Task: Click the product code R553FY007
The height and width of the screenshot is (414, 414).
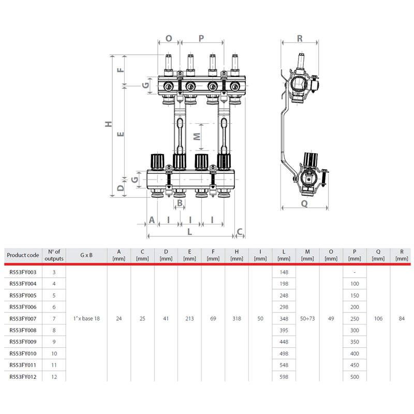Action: (x=23, y=318)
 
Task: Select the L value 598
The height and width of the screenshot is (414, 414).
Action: (x=283, y=377)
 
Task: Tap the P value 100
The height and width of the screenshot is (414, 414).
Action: (x=354, y=284)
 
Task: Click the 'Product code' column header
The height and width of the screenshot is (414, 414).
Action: (x=23, y=255)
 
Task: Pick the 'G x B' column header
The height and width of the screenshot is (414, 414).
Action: (x=86, y=255)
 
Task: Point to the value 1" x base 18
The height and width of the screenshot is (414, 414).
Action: (x=86, y=318)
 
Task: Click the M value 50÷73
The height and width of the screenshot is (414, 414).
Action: (x=307, y=318)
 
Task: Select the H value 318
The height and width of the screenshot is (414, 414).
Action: (x=237, y=318)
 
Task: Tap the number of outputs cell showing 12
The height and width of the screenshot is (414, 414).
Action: (x=54, y=377)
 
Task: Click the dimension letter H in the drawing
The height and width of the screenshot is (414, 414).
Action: (x=108, y=124)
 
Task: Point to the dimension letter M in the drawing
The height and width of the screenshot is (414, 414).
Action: (x=196, y=137)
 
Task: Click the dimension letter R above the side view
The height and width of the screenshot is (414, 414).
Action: (x=300, y=38)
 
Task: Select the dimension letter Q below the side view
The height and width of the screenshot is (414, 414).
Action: (x=304, y=204)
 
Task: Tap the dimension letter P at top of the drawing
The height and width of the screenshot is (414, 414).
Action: (x=201, y=38)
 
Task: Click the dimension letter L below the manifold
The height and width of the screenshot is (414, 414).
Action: (x=189, y=232)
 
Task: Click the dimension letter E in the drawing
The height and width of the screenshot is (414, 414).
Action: (x=121, y=134)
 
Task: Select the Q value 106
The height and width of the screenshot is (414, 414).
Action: (x=378, y=318)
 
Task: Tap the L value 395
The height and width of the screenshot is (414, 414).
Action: (x=283, y=330)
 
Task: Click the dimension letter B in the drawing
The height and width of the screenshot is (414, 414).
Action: (x=180, y=203)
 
